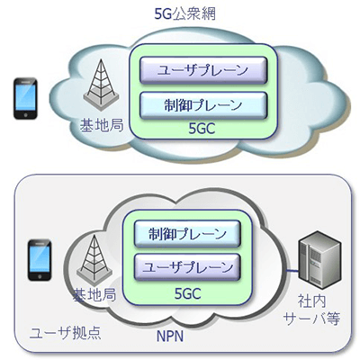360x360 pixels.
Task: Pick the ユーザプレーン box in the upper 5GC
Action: click(x=199, y=70)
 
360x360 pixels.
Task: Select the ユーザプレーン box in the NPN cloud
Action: click(x=185, y=266)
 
